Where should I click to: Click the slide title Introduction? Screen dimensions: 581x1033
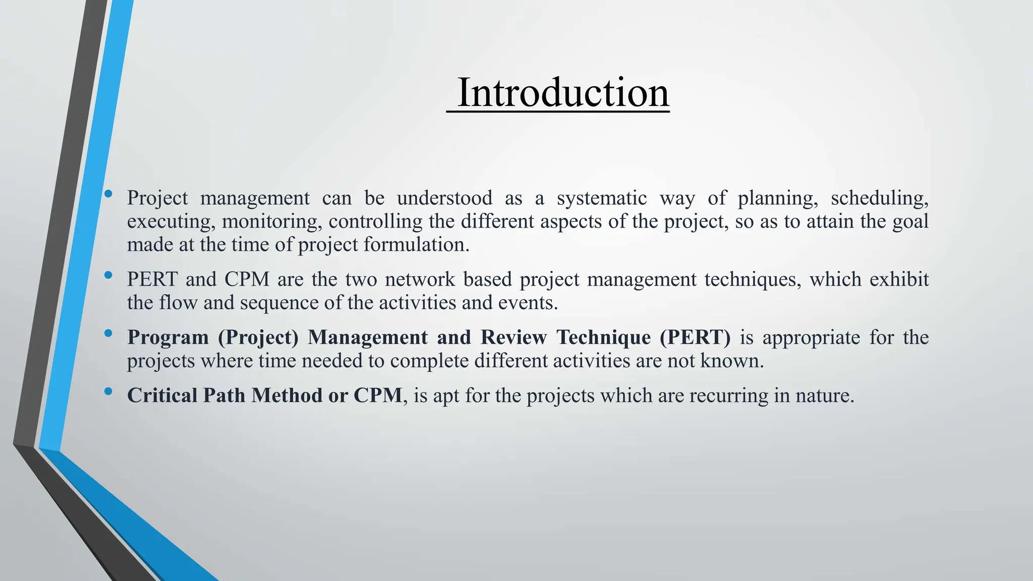[x=562, y=93]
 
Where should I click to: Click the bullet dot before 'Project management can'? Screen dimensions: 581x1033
[x=108, y=194]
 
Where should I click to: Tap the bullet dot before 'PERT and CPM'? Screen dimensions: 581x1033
[x=108, y=275]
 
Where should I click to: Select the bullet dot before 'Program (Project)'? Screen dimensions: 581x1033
[x=108, y=333]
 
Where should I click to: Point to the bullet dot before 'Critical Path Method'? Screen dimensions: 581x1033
[x=108, y=391]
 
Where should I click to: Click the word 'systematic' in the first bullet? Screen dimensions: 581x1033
[x=601, y=198]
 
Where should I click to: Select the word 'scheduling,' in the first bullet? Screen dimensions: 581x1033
[x=879, y=198]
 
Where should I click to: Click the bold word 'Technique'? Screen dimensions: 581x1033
[x=603, y=337]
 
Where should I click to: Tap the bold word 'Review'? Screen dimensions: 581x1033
[x=513, y=337]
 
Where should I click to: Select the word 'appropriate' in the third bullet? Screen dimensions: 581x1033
[x=811, y=337]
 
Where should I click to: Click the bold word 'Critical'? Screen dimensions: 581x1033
[x=162, y=395]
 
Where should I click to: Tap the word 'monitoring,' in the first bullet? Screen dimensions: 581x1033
[x=272, y=222]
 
